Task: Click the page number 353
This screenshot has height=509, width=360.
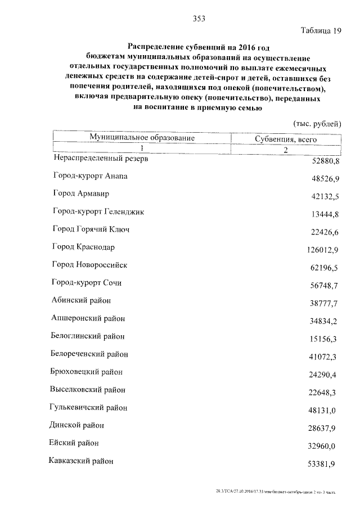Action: click(x=199, y=18)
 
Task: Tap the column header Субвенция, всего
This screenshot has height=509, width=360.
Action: click(x=286, y=139)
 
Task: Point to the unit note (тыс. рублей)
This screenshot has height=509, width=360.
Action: click(x=318, y=124)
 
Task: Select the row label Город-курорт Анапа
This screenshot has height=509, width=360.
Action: click(x=91, y=176)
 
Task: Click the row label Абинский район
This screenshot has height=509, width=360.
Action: click(x=82, y=300)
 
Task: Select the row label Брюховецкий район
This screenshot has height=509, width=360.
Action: click(x=87, y=372)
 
